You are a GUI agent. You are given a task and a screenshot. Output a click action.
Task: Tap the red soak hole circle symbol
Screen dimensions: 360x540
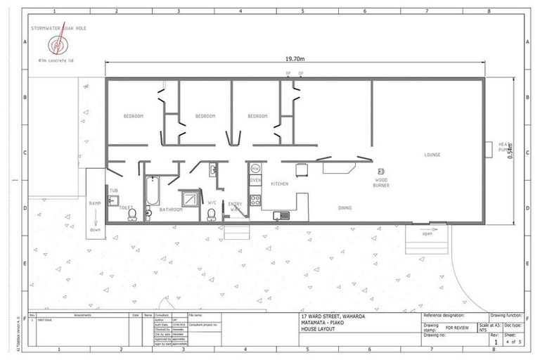[x=55, y=45]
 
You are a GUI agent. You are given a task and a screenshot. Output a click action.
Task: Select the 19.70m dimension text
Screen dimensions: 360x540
[x=295, y=58]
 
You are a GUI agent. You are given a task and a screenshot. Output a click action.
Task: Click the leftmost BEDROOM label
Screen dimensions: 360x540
[x=134, y=116]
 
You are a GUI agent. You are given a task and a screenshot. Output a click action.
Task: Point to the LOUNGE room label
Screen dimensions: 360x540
[x=432, y=155]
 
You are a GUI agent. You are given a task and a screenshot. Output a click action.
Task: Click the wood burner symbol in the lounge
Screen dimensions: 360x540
[x=381, y=172]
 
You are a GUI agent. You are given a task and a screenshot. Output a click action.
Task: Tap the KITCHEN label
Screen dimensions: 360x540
[x=280, y=184]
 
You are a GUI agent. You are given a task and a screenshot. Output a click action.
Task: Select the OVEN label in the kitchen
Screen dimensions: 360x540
[x=255, y=181]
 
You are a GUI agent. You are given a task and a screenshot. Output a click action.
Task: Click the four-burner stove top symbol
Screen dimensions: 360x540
[x=255, y=200]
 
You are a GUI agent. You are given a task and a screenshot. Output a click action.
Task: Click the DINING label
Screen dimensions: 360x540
[x=345, y=208]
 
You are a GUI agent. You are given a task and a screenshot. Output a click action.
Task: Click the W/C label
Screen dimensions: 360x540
[x=212, y=203]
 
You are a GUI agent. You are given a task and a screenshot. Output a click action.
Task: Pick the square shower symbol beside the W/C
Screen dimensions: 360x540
[x=190, y=199]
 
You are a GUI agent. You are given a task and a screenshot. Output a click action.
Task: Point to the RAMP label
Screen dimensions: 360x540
[x=95, y=203]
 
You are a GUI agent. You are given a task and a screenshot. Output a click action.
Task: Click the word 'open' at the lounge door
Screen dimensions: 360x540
[x=427, y=234]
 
